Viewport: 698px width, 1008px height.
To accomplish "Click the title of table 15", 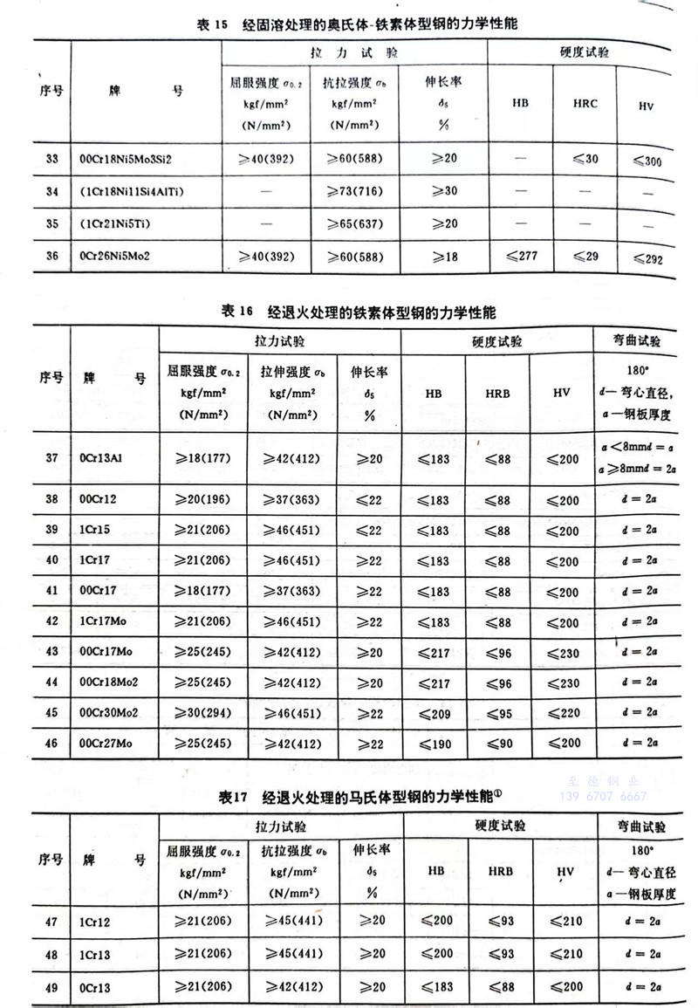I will click(x=357, y=24).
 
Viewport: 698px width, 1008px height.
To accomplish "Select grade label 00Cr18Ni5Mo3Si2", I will click(x=132, y=159).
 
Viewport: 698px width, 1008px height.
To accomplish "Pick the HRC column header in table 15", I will click(x=585, y=103).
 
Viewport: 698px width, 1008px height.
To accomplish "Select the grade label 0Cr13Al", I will click(x=106, y=457).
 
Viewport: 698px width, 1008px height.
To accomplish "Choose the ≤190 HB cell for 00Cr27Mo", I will click(x=433, y=743).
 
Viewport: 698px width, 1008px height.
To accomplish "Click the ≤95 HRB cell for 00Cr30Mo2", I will click(x=497, y=712).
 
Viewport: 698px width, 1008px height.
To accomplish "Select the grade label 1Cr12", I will click(x=95, y=922).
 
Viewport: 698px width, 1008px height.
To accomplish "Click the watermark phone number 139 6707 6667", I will click(x=602, y=797).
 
